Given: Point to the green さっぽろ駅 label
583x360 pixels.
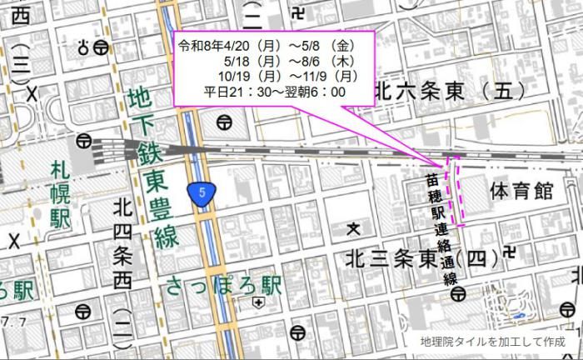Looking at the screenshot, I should [224, 286].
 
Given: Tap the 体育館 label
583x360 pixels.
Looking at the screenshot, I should [521, 192].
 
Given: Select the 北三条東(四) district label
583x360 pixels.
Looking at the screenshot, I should [422, 258].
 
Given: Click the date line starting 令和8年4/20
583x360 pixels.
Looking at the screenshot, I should [272, 47].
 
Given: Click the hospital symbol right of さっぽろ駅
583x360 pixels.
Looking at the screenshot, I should [259, 303].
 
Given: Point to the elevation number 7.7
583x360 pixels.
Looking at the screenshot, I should [10, 321].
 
